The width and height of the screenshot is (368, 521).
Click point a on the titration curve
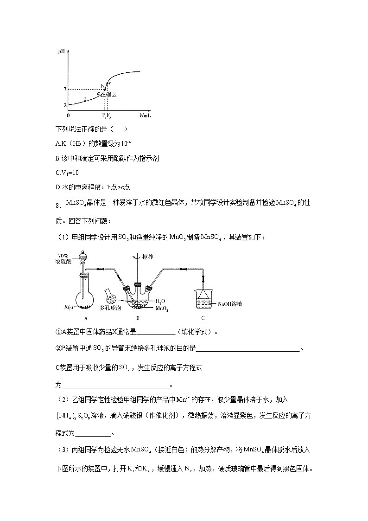pos(85,100)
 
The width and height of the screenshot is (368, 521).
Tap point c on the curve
pos(107,83)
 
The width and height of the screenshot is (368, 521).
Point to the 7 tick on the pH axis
pos(65,89)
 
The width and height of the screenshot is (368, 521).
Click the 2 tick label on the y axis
pos(65,105)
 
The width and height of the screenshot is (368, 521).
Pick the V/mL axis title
pos(145,115)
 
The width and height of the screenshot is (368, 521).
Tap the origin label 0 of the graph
pos(69,115)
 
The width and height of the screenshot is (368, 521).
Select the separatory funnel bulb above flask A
pos(84,256)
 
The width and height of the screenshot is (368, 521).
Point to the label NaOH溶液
pos(231,304)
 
